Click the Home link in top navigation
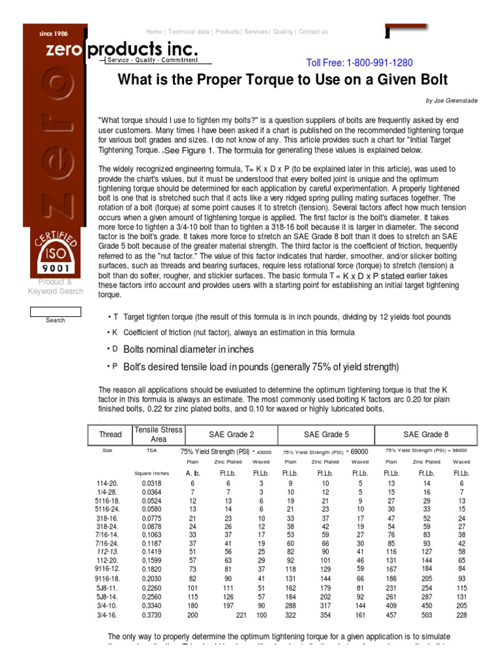154,31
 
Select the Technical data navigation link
189,31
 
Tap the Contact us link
313,31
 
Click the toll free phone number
359,63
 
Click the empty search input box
55,311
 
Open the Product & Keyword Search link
55,287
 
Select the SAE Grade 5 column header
326,434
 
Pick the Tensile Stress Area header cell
159,434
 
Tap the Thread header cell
110,434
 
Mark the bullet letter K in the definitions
115,333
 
